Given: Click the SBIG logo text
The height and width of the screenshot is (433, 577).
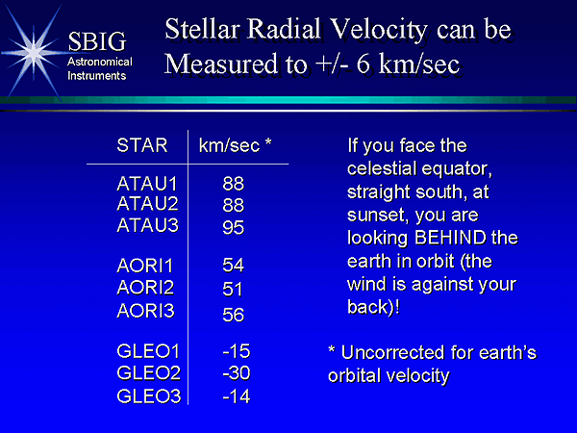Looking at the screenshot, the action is pos(97,41).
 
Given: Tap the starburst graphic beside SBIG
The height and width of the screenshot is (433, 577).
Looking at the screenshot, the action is pos(34,53).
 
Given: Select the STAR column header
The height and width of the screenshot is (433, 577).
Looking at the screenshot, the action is pos(142,145).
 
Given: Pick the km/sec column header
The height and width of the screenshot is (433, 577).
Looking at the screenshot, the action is pos(236,145).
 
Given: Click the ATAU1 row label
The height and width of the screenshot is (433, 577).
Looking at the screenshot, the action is pos(147,184).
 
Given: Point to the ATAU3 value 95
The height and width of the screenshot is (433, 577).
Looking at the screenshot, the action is pos(234,227).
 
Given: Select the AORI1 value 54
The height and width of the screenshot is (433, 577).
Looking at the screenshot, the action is pos(234,266).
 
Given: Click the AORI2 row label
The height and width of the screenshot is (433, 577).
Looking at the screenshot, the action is pos(145,288).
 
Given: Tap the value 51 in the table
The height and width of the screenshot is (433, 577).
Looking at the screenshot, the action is pos(233,289).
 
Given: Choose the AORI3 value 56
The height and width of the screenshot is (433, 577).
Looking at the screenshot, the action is pos(234,315).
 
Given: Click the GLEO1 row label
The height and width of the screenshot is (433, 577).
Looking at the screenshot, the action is pos(148,351).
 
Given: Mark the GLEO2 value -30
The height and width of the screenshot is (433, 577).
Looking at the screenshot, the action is pos(237,373).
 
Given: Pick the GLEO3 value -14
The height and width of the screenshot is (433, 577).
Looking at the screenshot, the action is pos(237,396).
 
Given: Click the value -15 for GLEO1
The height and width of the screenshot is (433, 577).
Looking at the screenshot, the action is pos(237,351).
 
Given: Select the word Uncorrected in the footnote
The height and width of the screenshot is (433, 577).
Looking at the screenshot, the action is pos(392,352).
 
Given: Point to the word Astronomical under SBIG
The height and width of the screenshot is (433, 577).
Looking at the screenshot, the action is pos(100,62).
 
